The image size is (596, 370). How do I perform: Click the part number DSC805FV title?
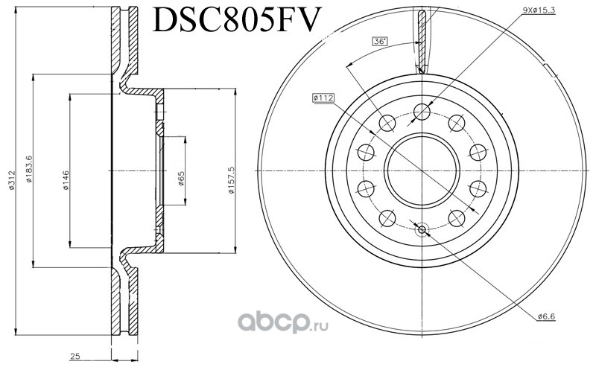(x=235, y=19)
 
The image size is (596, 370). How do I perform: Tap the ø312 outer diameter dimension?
(x=12, y=179)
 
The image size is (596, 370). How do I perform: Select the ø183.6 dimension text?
(x=29, y=169)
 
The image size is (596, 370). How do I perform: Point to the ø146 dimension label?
(x=66, y=180)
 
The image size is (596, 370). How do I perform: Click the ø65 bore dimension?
(x=181, y=178)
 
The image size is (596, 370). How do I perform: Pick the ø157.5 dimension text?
(x=232, y=180)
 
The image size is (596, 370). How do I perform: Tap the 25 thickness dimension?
(x=75, y=357)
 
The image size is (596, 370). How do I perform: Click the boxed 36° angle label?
(x=380, y=41)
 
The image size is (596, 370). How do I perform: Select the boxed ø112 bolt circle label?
(x=323, y=98)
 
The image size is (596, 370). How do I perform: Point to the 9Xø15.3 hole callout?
(x=539, y=10)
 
